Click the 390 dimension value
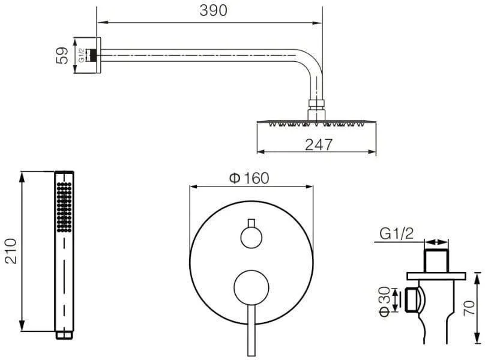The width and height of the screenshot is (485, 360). pos(213,10)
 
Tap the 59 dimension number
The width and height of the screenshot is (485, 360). pos(62,56)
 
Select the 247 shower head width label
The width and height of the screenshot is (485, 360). pos(319,145)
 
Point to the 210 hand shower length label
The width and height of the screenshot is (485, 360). pos(11,251)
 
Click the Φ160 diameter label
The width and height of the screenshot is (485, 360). pos(249,178)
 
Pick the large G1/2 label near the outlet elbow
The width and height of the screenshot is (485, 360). pos(396,233)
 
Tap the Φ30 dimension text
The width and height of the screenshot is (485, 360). pos(385,302)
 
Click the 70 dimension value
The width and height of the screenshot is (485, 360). pos(469,307)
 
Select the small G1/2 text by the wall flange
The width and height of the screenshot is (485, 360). pos(82,55)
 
